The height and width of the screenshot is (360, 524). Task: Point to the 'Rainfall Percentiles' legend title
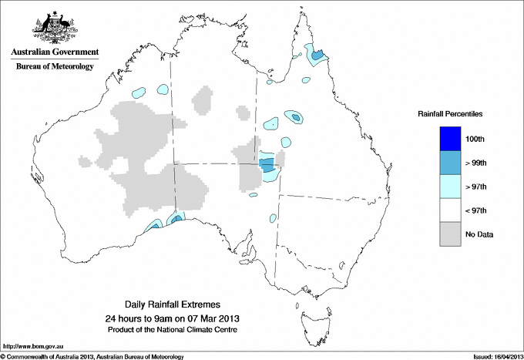click(x=450, y=113)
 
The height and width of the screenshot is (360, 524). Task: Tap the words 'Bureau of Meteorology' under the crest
click(x=55, y=66)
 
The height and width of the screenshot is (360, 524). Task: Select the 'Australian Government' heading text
click(x=55, y=52)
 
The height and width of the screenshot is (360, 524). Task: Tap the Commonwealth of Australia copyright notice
click(x=92, y=356)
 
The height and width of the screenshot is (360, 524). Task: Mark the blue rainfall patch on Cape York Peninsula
click(x=316, y=56)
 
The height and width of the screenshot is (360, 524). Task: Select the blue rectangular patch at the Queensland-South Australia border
click(x=267, y=164)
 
